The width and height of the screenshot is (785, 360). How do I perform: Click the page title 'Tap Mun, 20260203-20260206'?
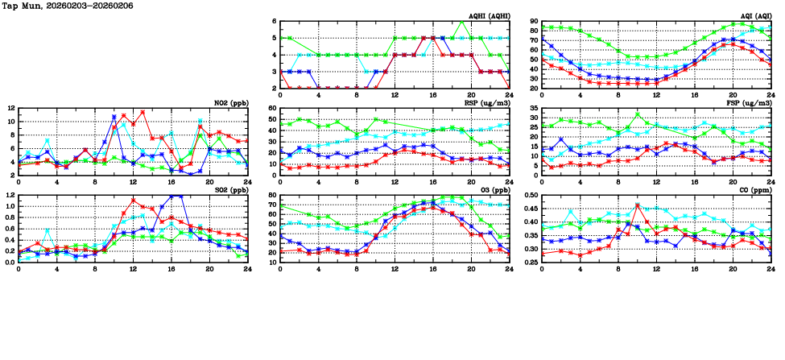tap(68, 6)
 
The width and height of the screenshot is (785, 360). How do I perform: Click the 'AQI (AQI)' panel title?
tap(754, 15)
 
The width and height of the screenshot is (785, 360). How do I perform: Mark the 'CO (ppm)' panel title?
tap(754, 189)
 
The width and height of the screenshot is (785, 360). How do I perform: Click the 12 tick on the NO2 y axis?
tap(10, 108)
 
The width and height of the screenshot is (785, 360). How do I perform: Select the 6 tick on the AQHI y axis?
tap(274, 21)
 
